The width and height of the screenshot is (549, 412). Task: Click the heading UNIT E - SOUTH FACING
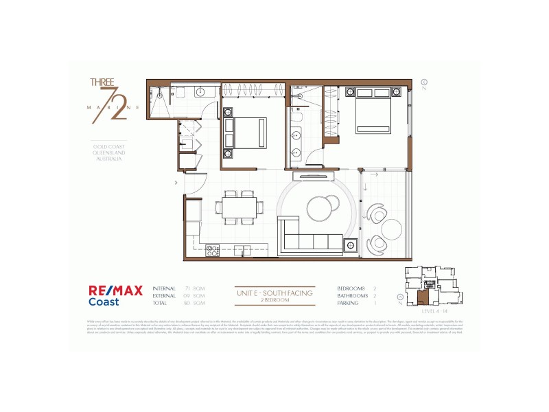[274, 293]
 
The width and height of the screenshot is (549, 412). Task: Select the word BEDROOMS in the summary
[351, 288]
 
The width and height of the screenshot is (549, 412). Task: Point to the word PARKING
[347, 303]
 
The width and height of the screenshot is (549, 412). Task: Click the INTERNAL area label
[164, 288]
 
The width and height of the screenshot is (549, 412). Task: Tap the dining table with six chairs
[239, 207]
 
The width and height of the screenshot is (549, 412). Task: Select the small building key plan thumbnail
[431, 286]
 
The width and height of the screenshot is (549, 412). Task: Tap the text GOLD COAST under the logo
[108, 146]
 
